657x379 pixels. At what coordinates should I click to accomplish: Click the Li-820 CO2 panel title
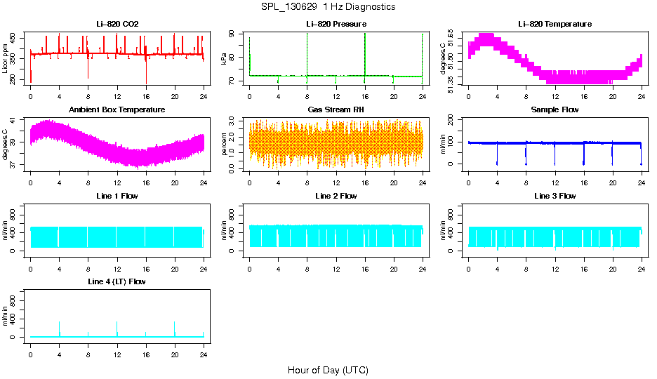(117, 24)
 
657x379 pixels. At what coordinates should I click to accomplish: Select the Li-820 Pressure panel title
(336, 24)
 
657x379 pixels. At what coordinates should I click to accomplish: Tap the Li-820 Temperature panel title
(555, 24)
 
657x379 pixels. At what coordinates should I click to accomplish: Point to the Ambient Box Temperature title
(117, 109)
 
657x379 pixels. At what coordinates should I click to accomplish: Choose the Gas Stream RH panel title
(336, 109)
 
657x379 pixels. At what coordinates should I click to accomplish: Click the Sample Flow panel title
(555, 109)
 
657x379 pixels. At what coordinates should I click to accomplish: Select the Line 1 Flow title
(117, 196)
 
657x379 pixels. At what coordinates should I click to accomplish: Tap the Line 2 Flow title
(336, 196)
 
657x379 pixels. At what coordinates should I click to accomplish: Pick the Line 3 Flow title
(555, 196)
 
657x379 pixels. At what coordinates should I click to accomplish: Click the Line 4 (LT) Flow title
(117, 281)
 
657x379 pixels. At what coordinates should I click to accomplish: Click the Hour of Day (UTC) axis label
(328, 370)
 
